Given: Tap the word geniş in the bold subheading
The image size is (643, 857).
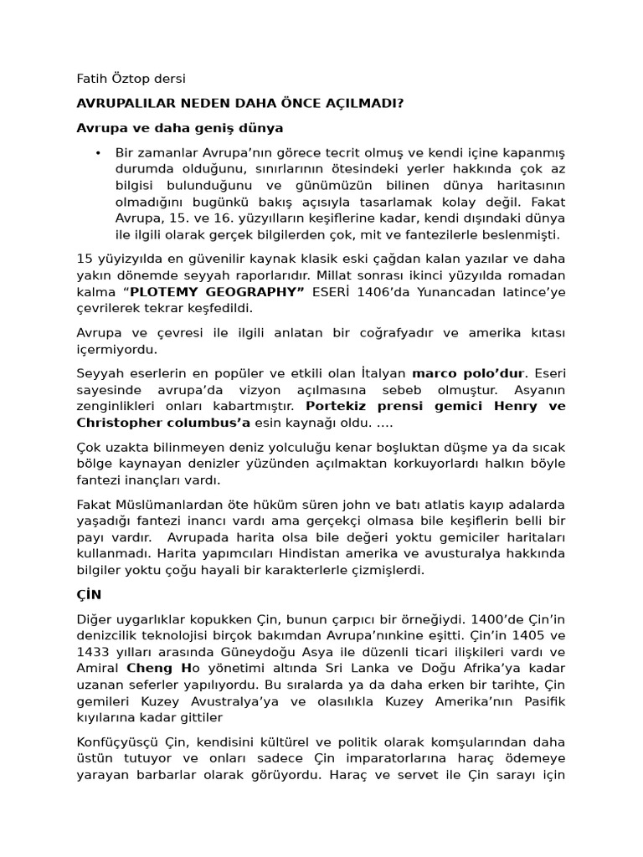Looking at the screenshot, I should (207, 128).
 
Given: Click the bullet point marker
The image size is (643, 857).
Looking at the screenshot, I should (98, 153).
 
